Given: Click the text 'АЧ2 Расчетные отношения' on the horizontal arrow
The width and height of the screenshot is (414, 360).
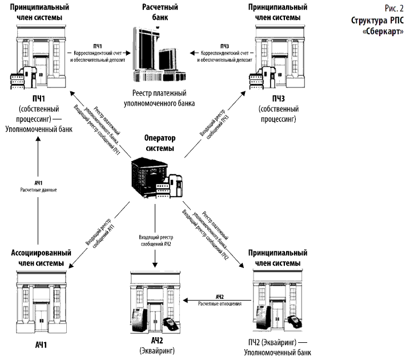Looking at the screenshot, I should coord(220,300).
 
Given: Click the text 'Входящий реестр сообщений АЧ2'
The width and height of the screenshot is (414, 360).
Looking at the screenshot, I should coord(155,239).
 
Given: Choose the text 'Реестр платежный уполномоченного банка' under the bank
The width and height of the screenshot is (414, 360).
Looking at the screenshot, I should coord(159,98).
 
